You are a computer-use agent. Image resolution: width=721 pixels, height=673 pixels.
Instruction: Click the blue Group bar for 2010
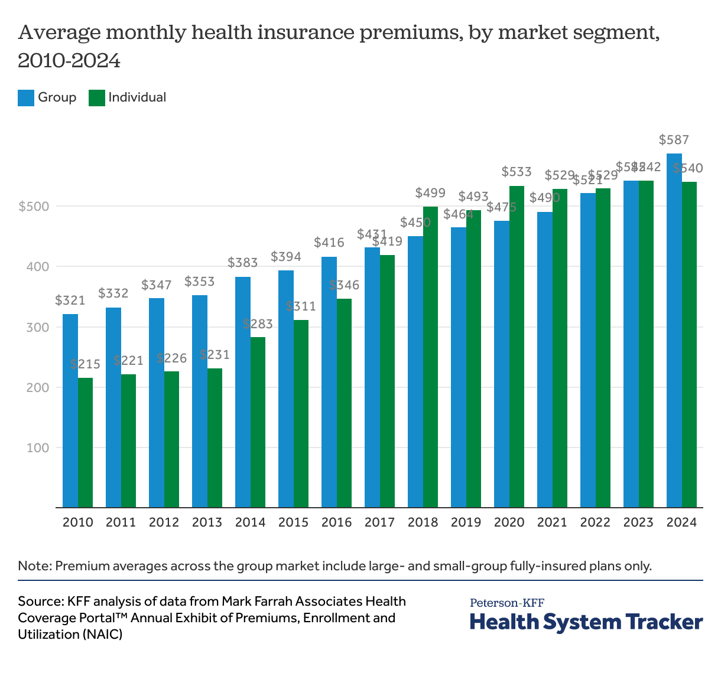click(70, 410)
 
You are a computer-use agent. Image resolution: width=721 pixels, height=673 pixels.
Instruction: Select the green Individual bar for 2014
click(258, 422)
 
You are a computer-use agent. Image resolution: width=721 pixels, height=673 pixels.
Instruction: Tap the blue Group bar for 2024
click(674, 331)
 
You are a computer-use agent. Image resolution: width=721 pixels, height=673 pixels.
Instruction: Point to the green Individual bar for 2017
click(387, 381)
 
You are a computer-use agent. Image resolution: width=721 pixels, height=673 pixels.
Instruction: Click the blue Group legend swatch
click(26, 98)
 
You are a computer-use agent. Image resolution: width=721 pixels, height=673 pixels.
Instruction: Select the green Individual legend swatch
click(96, 98)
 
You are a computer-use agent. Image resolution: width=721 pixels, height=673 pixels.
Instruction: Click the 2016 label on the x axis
click(336, 522)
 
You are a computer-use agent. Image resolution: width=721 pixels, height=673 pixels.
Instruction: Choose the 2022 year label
click(595, 522)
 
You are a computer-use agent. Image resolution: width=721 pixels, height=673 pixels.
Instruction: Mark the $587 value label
click(674, 141)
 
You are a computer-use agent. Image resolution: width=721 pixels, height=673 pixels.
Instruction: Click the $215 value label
click(85, 364)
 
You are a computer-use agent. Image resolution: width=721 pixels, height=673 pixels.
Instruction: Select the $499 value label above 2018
click(430, 193)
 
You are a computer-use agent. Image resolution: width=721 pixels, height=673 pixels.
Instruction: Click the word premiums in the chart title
click(411, 33)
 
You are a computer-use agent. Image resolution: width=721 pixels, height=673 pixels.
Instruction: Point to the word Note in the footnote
click(33, 566)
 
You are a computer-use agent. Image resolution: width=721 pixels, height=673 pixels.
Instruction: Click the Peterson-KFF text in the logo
click(507, 603)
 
